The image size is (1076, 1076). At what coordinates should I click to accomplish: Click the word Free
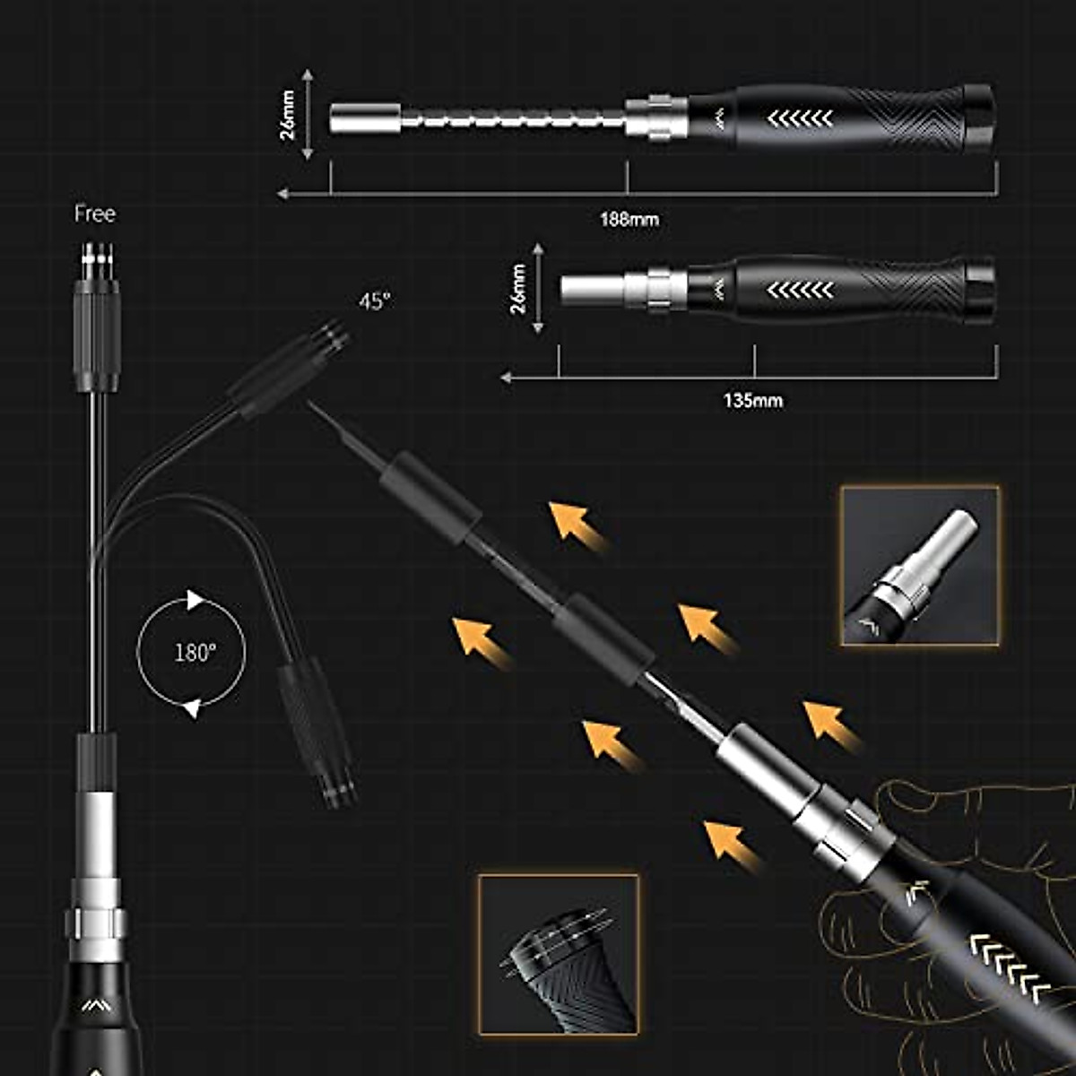coord(94,214)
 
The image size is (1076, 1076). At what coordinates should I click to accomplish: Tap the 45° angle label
coord(375,301)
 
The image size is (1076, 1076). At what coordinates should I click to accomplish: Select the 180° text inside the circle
coord(195,652)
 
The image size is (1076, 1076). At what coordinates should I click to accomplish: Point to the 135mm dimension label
coord(752,400)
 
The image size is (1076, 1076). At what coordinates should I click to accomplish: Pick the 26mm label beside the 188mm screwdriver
coord(288,115)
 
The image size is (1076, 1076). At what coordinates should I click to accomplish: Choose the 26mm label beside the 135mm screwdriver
coord(517,288)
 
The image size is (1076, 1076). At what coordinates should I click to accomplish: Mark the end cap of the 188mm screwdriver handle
coord(979,117)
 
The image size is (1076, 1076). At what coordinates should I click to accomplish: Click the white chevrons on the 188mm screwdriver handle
coord(801,118)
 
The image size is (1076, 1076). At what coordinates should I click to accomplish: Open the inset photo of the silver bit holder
coord(920,566)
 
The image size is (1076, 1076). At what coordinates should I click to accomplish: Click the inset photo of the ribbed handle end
coord(558,954)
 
